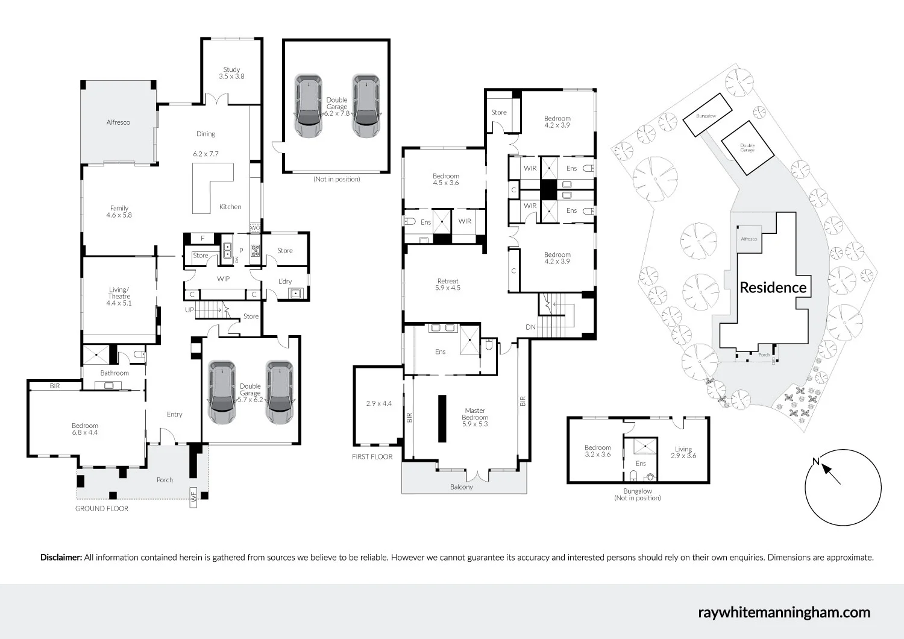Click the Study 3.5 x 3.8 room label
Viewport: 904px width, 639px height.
[x=231, y=73]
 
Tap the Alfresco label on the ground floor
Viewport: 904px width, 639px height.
[x=118, y=122]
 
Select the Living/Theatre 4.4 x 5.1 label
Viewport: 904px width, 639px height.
[x=119, y=297]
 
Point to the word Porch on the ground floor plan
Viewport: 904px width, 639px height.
[x=165, y=480]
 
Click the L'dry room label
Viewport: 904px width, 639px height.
[x=285, y=282]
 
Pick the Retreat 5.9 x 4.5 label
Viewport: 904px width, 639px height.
[x=447, y=285]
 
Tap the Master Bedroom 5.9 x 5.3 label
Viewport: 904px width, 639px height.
[x=475, y=417]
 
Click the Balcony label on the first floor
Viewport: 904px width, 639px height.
[x=462, y=487]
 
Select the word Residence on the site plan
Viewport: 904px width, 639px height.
[x=773, y=288]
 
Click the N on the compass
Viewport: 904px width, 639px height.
[x=816, y=462]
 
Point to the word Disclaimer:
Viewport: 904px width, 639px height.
[x=61, y=558]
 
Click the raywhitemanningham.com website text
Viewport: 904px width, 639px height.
[x=783, y=612]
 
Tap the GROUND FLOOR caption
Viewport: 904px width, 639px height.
[x=102, y=509]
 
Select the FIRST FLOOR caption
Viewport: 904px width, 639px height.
[x=372, y=457]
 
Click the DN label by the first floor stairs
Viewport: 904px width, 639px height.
[x=530, y=327]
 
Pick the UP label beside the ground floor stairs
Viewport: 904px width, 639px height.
[x=190, y=310]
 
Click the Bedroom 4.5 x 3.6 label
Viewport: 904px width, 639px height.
[x=446, y=179]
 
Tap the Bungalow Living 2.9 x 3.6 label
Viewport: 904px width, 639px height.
[x=683, y=452]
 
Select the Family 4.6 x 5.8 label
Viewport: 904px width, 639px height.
[x=119, y=212]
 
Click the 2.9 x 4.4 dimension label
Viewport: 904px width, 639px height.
[x=379, y=403]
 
